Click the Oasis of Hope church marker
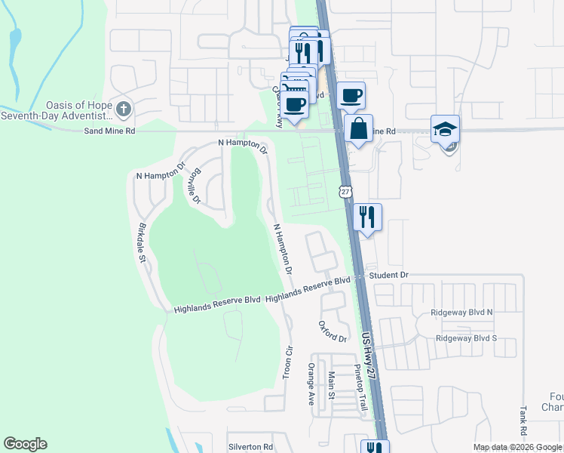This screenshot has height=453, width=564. tap(124, 109)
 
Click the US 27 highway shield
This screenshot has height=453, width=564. tap(345, 192)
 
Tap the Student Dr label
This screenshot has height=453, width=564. tap(388, 275)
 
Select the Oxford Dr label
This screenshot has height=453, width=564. tap(332, 331)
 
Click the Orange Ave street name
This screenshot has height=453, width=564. tap(310, 384)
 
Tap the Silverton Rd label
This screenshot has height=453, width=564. tap(251, 447)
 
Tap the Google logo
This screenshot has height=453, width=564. tap(25, 444)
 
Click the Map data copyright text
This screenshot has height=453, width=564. tap(516, 447)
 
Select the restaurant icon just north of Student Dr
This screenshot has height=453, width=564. tap(367, 217)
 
